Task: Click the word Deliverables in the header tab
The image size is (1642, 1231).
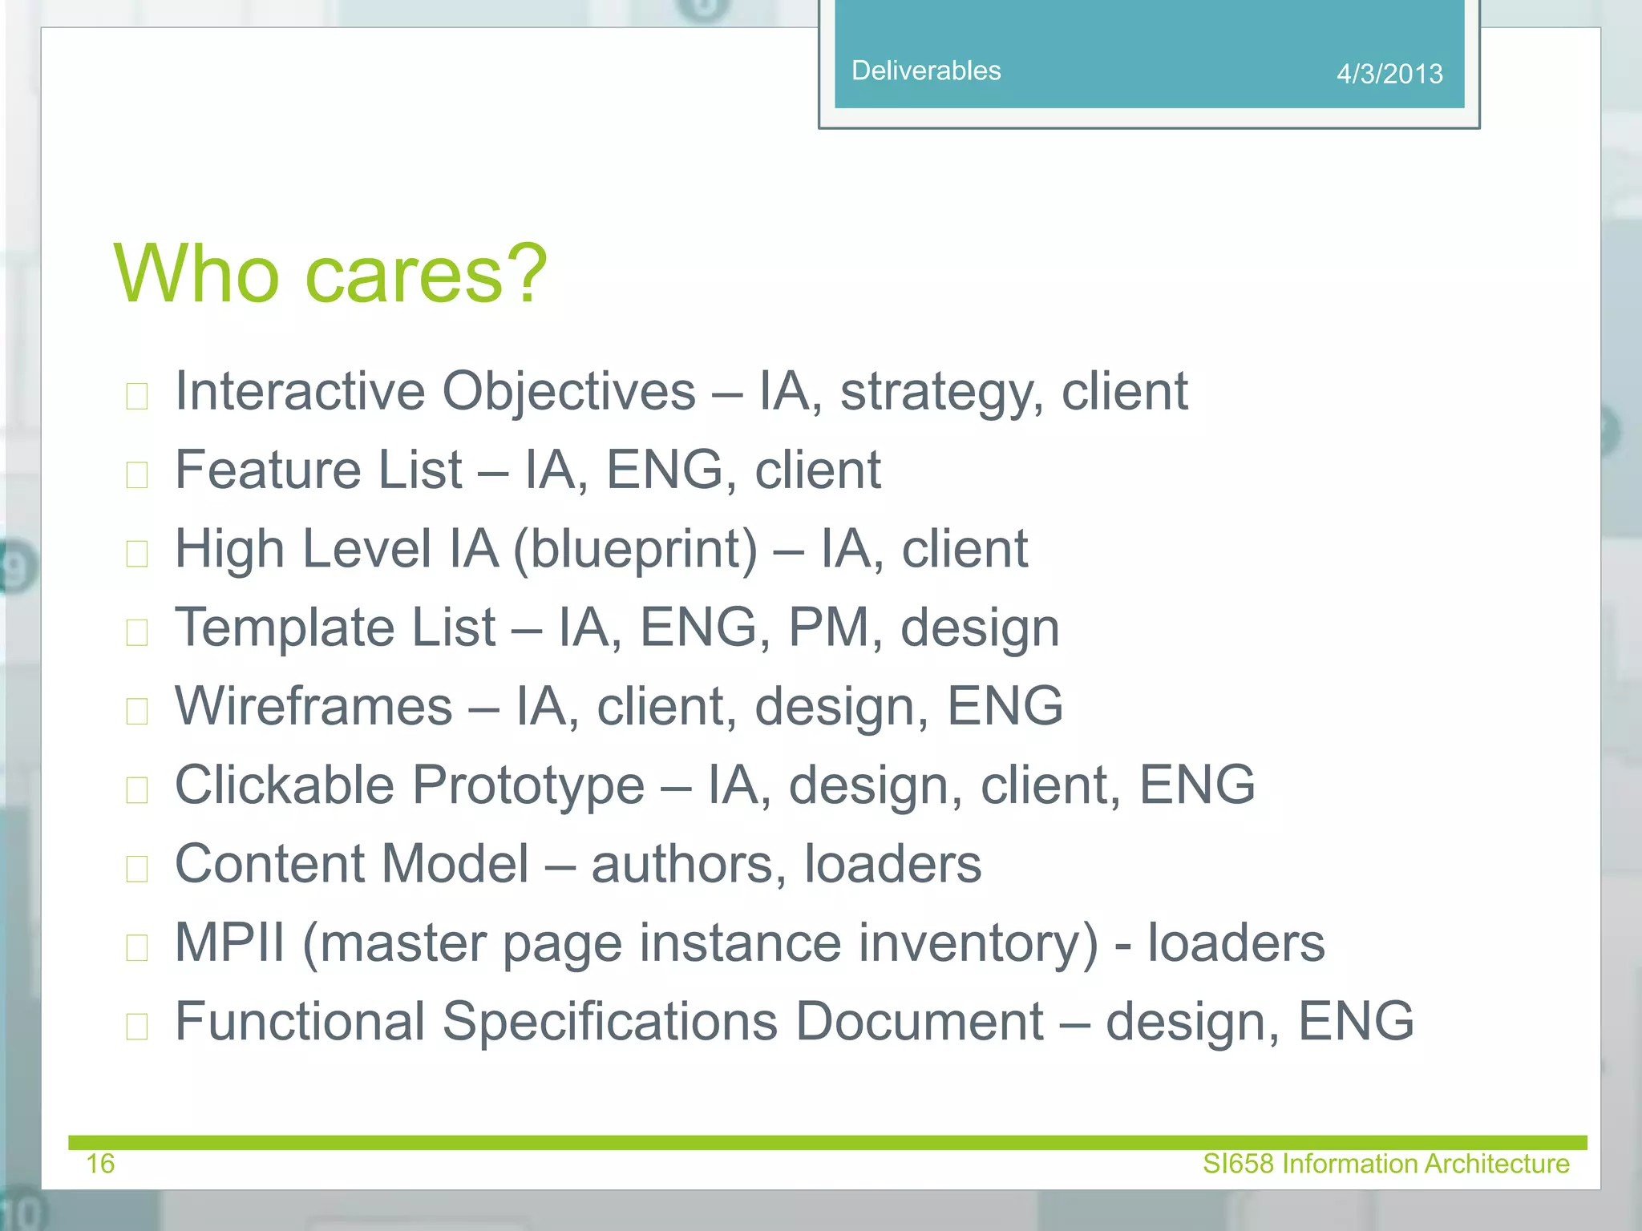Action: (x=925, y=71)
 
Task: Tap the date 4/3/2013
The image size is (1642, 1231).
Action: (x=1389, y=74)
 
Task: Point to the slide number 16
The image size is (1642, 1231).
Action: (x=100, y=1163)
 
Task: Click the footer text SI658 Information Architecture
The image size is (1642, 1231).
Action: (x=1385, y=1163)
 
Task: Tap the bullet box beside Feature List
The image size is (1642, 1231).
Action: (x=137, y=474)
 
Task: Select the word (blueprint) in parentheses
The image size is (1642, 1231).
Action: (x=634, y=550)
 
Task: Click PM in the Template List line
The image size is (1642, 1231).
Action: (x=828, y=627)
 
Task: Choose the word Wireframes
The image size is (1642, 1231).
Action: (x=313, y=706)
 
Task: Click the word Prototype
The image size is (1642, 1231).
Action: (x=528, y=785)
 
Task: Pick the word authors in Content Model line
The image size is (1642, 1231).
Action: (x=689, y=864)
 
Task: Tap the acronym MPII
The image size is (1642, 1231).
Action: (x=229, y=942)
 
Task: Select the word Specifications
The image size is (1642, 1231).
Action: (x=609, y=1021)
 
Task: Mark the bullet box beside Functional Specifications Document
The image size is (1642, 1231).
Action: (x=137, y=1026)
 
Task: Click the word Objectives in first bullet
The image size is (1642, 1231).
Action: (x=568, y=392)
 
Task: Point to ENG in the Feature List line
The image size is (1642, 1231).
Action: (x=664, y=470)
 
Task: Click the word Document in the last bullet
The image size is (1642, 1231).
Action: (x=919, y=1021)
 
